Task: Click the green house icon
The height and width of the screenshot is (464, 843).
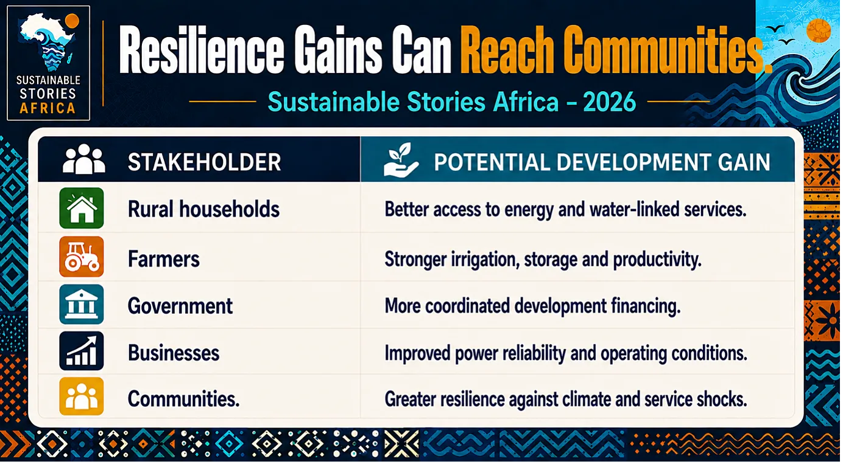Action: (81, 208)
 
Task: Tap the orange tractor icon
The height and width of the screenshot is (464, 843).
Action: (81, 257)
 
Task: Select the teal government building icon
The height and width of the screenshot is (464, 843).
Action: (81, 304)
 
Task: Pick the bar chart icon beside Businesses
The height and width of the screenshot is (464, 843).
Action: (81, 351)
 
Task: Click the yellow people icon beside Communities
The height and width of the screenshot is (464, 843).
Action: (81, 396)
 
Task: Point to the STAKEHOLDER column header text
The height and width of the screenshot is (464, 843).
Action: (204, 162)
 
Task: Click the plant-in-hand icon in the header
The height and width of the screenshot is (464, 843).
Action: (401, 160)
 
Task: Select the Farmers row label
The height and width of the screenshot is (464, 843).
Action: (164, 259)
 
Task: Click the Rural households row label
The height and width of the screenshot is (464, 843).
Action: (203, 209)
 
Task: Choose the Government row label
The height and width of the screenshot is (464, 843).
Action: (180, 306)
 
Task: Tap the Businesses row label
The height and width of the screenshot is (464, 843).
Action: (174, 353)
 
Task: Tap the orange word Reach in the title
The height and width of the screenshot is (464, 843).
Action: (507, 50)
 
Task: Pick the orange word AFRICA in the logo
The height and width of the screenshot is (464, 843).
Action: (48, 108)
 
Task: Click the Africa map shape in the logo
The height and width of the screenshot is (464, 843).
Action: (47, 42)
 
